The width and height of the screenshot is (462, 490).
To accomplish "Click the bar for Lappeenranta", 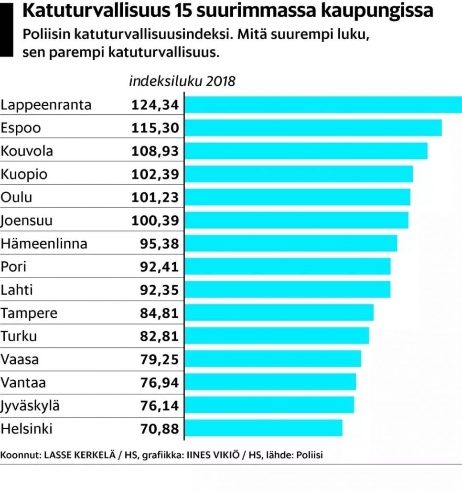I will (x=323, y=105).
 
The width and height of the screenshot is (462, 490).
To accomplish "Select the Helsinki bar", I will (x=263, y=428).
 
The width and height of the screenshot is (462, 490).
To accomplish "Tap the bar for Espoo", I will (x=313, y=128).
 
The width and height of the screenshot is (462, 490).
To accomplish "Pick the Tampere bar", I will (x=279, y=313).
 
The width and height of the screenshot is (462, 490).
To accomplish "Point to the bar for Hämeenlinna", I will (x=290, y=244).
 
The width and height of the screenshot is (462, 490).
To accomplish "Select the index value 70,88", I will (x=160, y=429).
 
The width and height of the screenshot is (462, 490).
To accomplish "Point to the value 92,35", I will (x=160, y=290).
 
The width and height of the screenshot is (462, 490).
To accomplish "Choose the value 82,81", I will (x=160, y=336).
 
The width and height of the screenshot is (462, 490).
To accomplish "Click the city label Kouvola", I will (x=27, y=151).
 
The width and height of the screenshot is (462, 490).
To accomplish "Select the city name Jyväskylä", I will (x=31, y=406).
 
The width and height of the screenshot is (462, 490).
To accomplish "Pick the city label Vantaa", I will (x=23, y=383).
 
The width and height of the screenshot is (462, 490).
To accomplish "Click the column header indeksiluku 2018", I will (x=182, y=81).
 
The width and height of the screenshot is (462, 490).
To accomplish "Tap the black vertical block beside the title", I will (x=7, y=29).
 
